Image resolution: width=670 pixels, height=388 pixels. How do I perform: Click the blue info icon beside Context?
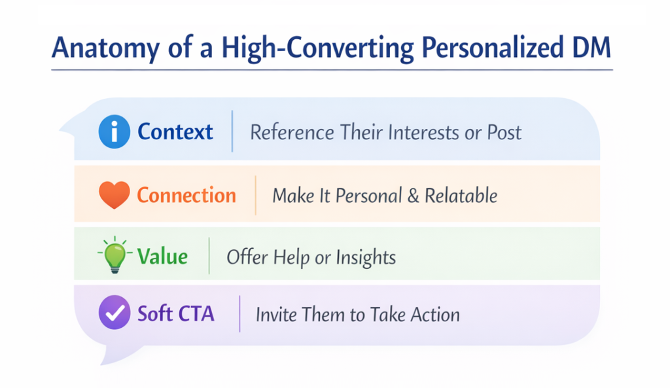114,132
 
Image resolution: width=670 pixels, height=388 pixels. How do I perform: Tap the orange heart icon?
114,195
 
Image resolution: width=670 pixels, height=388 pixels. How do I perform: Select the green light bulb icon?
115,255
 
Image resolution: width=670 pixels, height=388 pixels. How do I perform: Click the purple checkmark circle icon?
114,312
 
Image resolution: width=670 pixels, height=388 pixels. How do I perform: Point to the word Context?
175,132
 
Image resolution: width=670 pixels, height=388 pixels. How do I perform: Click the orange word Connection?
186,195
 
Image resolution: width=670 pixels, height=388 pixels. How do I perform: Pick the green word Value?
162,256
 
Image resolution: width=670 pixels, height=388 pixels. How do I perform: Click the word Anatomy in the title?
105,48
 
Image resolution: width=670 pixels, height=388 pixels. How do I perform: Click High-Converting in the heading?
318,48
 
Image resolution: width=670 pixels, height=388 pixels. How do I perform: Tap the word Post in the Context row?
504,132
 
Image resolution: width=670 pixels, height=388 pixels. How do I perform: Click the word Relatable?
461,196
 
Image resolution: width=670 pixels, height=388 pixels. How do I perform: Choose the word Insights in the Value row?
366,258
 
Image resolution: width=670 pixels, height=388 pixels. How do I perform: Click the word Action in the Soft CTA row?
435,315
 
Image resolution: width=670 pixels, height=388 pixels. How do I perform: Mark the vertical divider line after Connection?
256,195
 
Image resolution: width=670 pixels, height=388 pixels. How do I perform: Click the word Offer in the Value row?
247,257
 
